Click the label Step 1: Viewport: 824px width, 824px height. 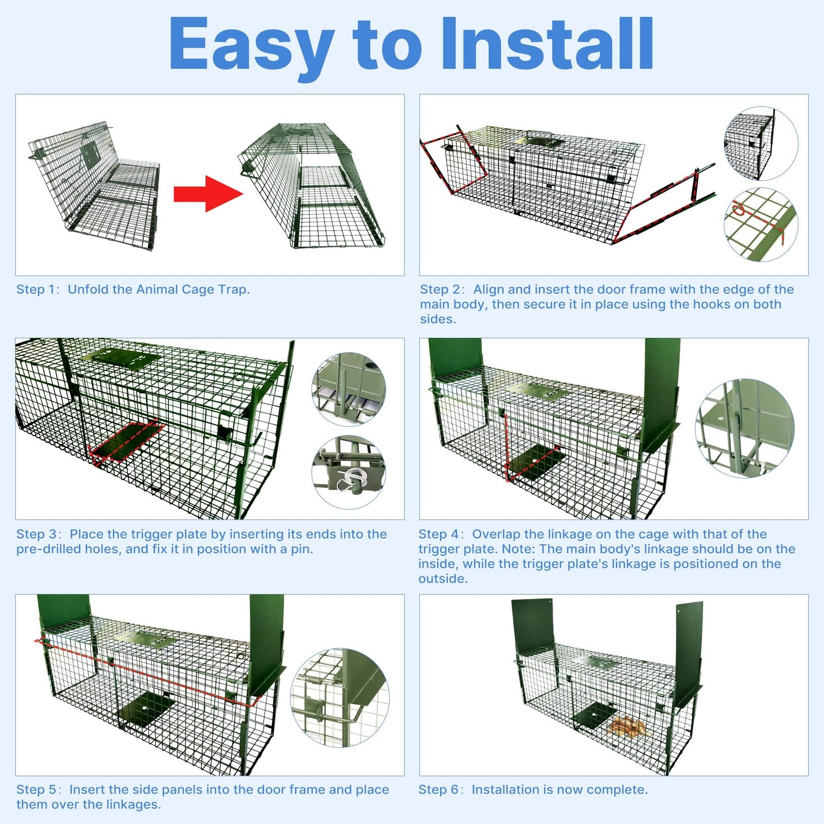[38, 289]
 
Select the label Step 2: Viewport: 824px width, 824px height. [442, 289]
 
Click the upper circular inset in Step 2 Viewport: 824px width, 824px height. [761, 144]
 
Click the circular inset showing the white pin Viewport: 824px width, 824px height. [349, 473]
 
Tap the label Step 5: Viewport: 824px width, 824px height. [39, 789]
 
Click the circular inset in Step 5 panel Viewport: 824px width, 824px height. [340, 698]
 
